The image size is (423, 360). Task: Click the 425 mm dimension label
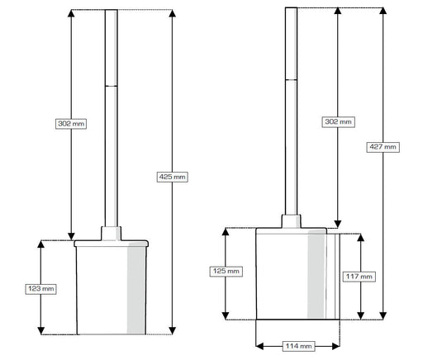(x=173, y=177)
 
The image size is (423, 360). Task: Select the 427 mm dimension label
(x=383, y=147)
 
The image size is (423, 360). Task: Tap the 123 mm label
(x=41, y=289)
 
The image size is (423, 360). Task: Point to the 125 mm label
(x=226, y=272)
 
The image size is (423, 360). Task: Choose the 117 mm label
(x=359, y=277)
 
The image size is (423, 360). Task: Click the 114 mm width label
(x=298, y=346)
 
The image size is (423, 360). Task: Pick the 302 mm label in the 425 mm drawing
(x=71, y=124)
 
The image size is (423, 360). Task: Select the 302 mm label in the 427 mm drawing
(x=338, y=122)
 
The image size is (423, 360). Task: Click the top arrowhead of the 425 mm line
(x=173, y=13)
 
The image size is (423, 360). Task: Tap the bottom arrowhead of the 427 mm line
(x=383, y=316)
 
